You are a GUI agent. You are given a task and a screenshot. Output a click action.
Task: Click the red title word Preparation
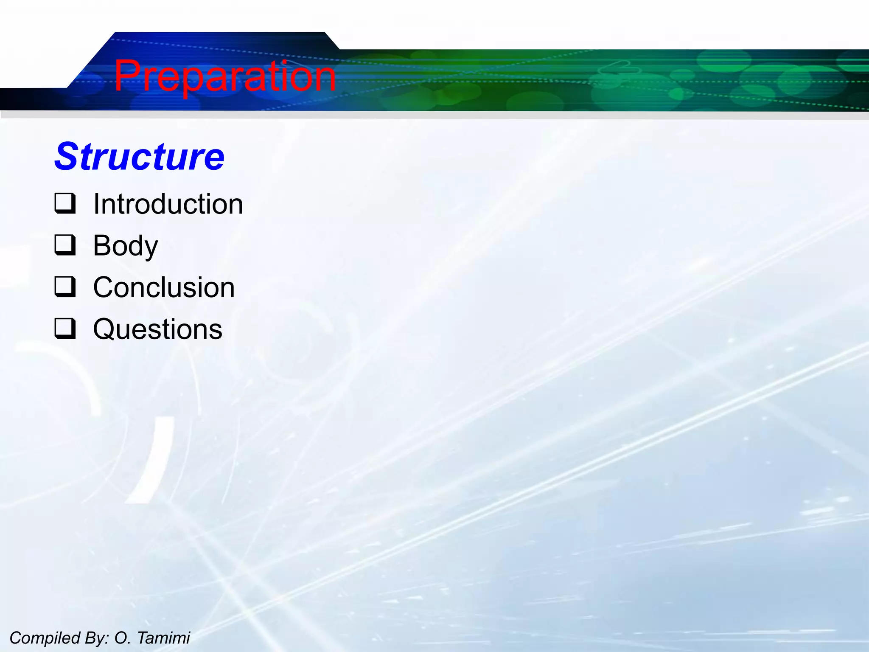(225, 76)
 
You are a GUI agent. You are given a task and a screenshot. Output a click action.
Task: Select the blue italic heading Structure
(140, 157)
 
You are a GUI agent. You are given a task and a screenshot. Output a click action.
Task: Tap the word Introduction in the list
(168, 204)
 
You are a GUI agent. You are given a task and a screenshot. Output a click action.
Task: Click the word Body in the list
(126, 246)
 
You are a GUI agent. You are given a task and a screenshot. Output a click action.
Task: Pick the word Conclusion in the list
(164, 288)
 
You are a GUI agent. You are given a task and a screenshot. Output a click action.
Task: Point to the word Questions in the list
(157, 329)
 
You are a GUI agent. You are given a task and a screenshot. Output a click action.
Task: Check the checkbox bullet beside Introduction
(65, 203)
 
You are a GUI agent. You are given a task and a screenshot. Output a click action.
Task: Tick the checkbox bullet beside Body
(65, 245)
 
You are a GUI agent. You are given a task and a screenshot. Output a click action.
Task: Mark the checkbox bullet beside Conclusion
(65, 287)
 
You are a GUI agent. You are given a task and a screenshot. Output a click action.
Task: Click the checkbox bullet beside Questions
(65, 329)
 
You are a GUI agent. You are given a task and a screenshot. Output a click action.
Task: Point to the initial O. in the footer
(122, 638)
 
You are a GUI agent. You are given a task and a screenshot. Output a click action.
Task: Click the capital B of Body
(103, 245)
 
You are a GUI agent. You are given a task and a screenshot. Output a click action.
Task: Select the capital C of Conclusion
(104, 288)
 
